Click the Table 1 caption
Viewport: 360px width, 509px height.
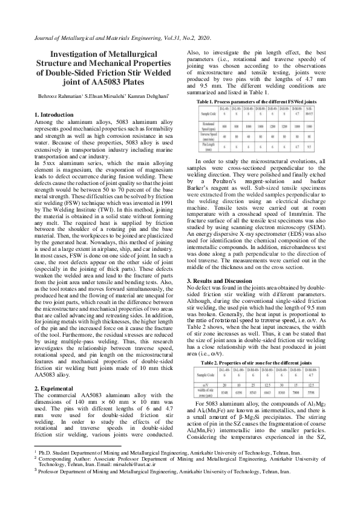tap(258, 103)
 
